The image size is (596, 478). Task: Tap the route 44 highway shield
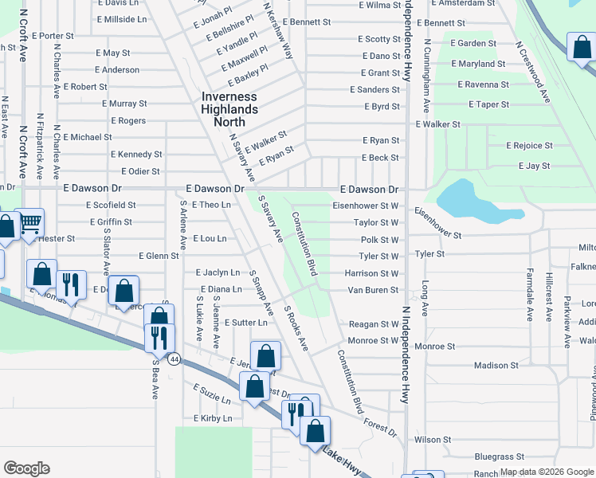click(x=174, y=359)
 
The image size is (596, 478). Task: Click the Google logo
click(x=26, y=468)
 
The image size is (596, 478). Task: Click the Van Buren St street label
click(x=372, y=290)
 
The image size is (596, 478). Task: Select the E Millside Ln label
click(x=121, y=18)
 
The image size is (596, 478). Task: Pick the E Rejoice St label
click(x=530, y=146)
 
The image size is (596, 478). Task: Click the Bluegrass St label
click(x=499, y=457)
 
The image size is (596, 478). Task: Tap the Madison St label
click(x=496, y=366)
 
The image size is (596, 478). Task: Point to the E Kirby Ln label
click(x=213, y=418)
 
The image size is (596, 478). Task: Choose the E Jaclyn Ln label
click(x=218, y=272)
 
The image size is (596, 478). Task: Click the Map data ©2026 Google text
click(x=546, y=472)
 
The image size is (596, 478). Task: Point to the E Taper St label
click(x=488, y=104)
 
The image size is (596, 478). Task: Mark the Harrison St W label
click(x=371, y=273)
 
